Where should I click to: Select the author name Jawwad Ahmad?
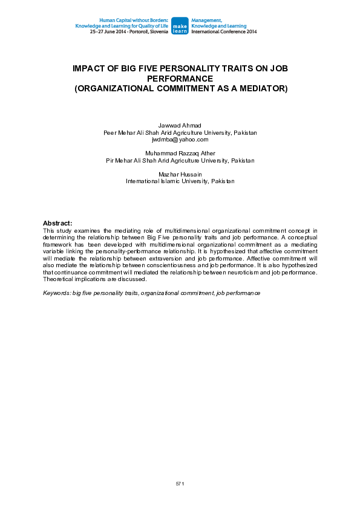click(180, 125)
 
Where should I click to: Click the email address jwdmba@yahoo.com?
click(180, 140)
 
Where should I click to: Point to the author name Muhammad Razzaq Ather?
click(180, 154)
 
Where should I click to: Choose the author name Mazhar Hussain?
click(180, 174)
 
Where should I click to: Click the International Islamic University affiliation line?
click(180, 181)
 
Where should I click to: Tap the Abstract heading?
click(57, 223)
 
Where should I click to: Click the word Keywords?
click(56, 293)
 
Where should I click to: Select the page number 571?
click(180, 484)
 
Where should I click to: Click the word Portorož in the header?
click(139, 31)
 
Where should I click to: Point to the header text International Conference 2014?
click(223, 31)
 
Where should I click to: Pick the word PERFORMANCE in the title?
click(180, 79)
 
